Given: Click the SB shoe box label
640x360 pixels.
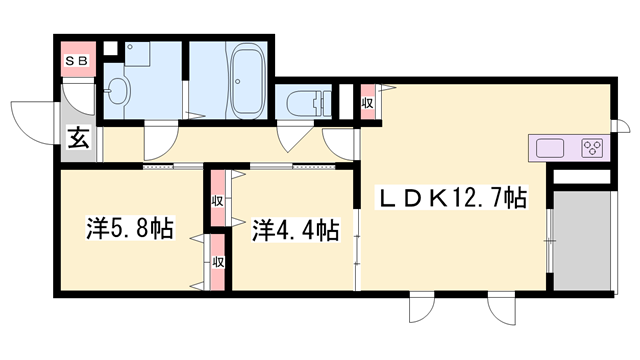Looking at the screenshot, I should tap(76, 60).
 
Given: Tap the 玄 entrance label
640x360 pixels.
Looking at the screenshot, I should tap(78, 139).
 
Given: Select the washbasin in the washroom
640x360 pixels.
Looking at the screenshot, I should tap(116, 92).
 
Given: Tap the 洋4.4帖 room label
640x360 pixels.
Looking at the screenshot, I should tap(295, 231).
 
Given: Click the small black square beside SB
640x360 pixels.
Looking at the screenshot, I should tap(110, 47).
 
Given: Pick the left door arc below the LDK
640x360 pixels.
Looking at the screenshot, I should tap(424, 311).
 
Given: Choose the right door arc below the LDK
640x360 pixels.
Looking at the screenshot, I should tap(500, 311).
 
